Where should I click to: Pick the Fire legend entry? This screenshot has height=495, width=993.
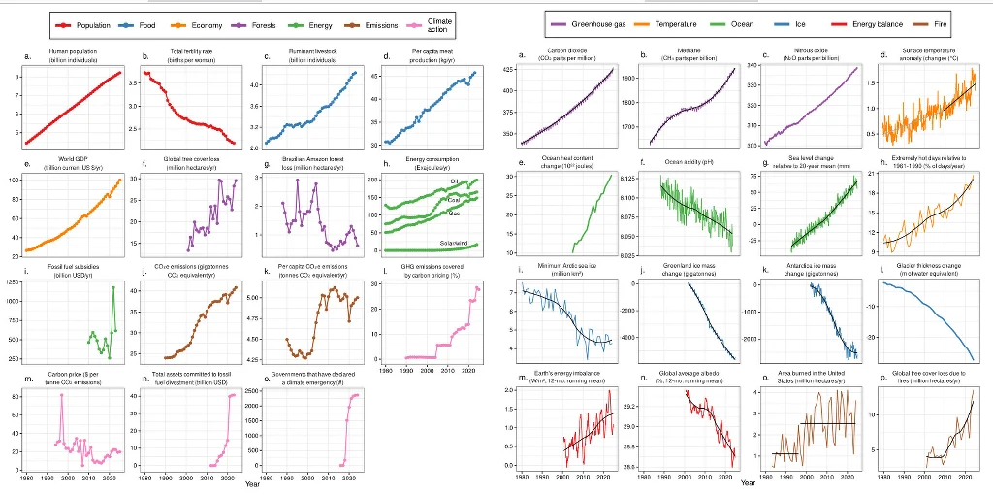click(942, 23)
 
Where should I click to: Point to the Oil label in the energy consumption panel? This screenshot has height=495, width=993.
click(454, 181)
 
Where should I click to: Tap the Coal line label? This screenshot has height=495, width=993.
click(454, 199)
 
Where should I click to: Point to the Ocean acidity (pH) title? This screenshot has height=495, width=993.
click(688, 161)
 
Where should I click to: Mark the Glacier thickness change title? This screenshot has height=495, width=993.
click(929, 267)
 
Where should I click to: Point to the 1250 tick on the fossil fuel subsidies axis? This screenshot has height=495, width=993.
click(13, 281)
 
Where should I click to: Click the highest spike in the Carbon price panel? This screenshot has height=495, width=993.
click(62, 395)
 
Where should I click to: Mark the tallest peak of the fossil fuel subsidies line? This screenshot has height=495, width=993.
click(113, 287)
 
